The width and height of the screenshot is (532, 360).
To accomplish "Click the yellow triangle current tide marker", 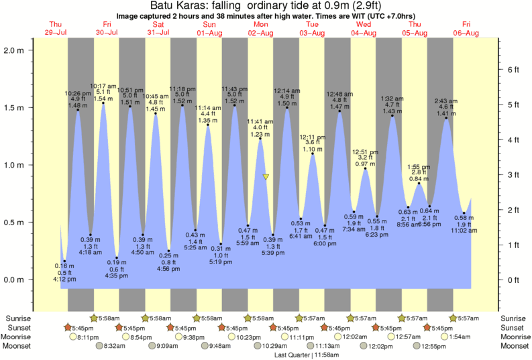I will click(266, 177).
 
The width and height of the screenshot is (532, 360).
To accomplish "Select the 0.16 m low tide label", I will click(64, 266).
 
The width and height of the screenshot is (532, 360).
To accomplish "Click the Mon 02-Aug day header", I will click(260, 29).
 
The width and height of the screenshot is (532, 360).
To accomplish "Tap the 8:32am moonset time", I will click(115, 346).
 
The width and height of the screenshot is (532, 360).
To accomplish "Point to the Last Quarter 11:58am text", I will click(306, 355).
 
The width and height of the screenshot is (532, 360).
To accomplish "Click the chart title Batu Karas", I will click(266, 6).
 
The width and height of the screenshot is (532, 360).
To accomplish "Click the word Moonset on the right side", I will click(515, 346).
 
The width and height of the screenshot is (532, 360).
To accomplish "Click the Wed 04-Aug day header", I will click(363, 29).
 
